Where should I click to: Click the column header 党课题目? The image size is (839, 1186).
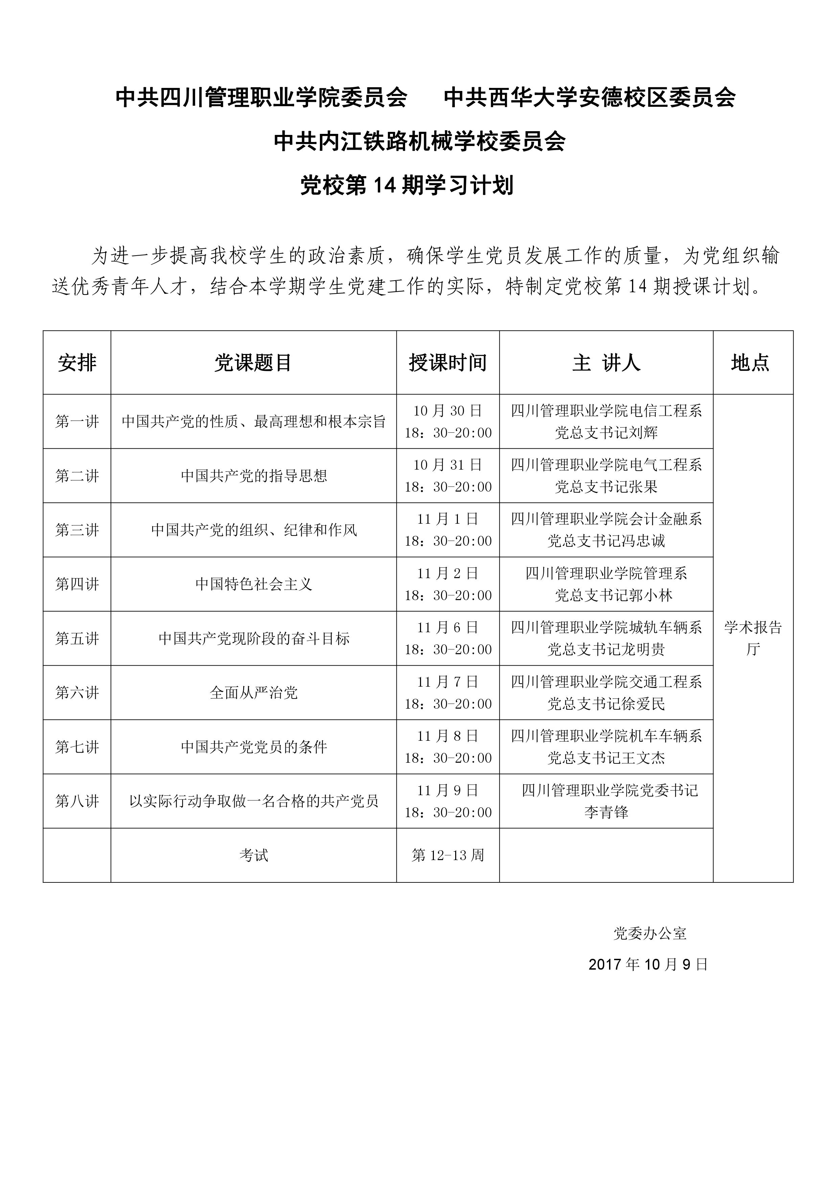(253, 363)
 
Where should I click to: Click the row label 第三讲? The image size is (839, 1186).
(77, 530)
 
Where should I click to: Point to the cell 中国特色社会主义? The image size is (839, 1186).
(254, 584)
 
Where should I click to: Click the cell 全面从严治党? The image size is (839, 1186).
(254, 693)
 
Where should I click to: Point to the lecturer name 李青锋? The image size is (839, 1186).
(606, 812)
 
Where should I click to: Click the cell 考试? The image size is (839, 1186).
(254, 855)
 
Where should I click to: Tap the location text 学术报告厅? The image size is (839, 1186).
(753, 638)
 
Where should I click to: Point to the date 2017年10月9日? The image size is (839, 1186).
(648, 965)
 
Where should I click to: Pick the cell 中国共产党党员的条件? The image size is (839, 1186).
(254, 747)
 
